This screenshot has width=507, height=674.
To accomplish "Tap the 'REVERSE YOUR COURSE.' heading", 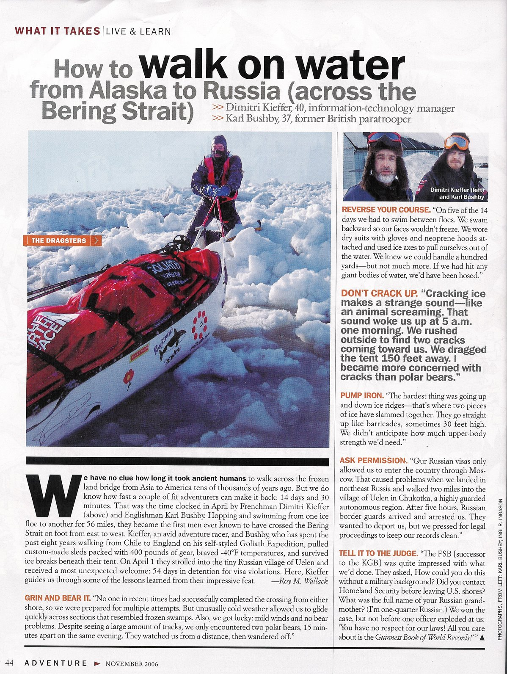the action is (385, 210).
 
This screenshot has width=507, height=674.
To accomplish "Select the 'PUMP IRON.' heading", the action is (362, 396).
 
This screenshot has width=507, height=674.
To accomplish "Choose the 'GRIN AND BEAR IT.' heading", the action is (58, 599).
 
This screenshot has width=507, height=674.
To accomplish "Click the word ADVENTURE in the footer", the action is (56, 663).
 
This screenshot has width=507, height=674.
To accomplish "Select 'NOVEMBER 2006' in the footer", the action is (132, 663).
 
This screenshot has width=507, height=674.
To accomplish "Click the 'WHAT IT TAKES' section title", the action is (57, 31).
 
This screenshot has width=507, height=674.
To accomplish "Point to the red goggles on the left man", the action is (384, 137).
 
